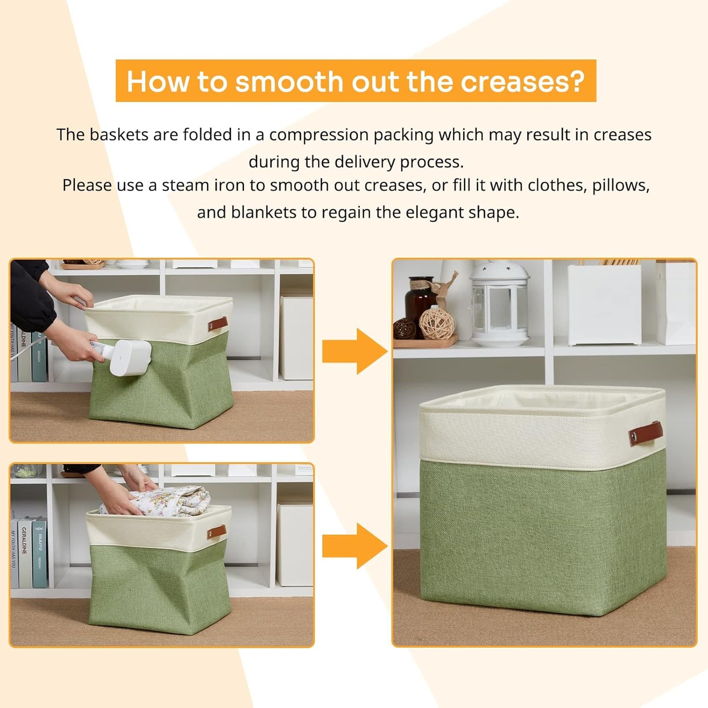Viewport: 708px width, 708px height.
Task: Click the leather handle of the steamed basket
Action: point(217,324)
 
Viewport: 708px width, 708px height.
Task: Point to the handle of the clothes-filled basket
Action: point(216,532)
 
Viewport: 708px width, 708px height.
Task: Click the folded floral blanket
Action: point(162,500)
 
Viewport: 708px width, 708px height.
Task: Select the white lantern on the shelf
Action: point(499,304)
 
